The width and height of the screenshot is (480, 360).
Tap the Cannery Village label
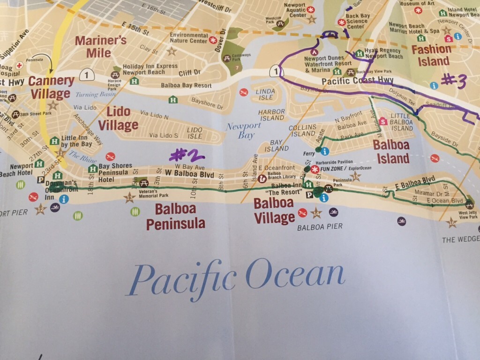coord(51,87)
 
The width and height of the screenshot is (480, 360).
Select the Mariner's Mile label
coord(101,45)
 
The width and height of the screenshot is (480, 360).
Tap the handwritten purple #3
coord(454,81)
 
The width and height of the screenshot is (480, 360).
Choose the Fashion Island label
coord(431,55)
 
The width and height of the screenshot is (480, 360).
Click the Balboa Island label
coord(391,151)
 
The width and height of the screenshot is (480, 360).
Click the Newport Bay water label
coord(239,131)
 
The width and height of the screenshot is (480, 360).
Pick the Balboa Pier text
coord(320,227)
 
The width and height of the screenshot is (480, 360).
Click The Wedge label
coord(461,240)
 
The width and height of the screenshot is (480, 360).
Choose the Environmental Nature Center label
coord(188,38)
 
